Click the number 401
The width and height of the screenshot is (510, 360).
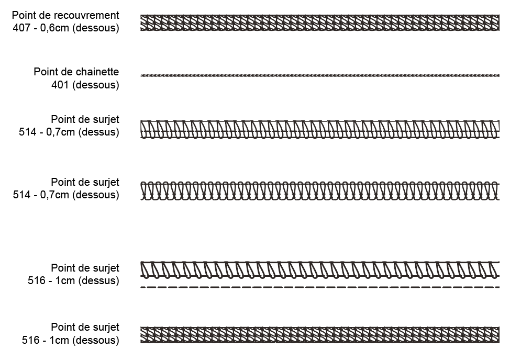[60, 85]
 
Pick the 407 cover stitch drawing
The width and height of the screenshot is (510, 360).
[319, 23]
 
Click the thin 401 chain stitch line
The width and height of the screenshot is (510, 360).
[319, 76]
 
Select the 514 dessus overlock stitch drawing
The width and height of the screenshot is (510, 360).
[319, 129]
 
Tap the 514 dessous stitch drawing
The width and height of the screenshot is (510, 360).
[319, 191]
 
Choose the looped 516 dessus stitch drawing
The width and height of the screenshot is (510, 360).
[319, 268]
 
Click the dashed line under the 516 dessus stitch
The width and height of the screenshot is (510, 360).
[319, 287]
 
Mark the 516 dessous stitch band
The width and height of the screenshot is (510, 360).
[319, 335]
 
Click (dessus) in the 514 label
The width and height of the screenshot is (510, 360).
[99, 132]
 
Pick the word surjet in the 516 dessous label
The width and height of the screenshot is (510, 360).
[105, 328]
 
